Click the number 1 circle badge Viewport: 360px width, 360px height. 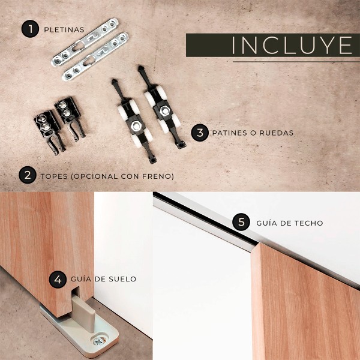pos(30,29)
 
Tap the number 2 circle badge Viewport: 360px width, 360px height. pos(28,175)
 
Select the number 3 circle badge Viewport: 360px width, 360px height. pos(200,133)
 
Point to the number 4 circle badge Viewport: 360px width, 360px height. pos(58,280)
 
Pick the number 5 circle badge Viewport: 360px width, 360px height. pos(241,222)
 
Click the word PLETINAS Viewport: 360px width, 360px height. pos(64,30)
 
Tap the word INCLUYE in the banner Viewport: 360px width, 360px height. pos(292,45)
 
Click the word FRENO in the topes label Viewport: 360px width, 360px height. pos(157,176)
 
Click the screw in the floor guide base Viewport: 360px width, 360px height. pos(99,341)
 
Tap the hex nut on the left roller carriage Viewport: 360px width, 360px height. pos(136,125)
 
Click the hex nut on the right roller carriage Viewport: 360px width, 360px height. pos(164,110)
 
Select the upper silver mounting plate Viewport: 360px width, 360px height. pos(85,42)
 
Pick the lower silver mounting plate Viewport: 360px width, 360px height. pos(95,56)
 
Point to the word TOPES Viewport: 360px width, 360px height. pos(54,176)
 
